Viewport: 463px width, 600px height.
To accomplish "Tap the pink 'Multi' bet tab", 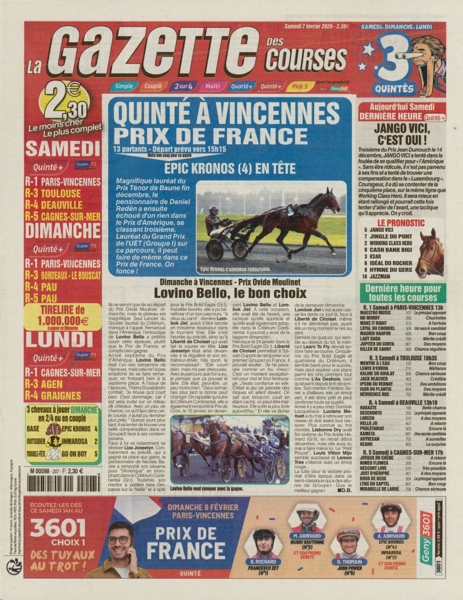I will [x=212, y=86].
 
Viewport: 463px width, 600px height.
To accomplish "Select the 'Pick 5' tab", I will [x=300, y=86].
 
